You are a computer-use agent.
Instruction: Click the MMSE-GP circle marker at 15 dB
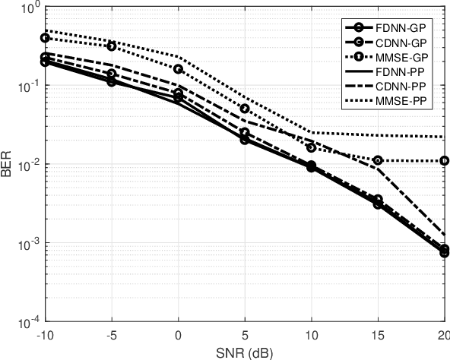pos(378,160)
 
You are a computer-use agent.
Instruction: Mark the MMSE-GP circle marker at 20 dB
pos(444,161)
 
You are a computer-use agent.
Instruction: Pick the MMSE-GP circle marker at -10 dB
pos(45,38)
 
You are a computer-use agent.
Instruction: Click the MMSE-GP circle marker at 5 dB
pos(245,109)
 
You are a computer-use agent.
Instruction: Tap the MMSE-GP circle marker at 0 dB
pos(179,69)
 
